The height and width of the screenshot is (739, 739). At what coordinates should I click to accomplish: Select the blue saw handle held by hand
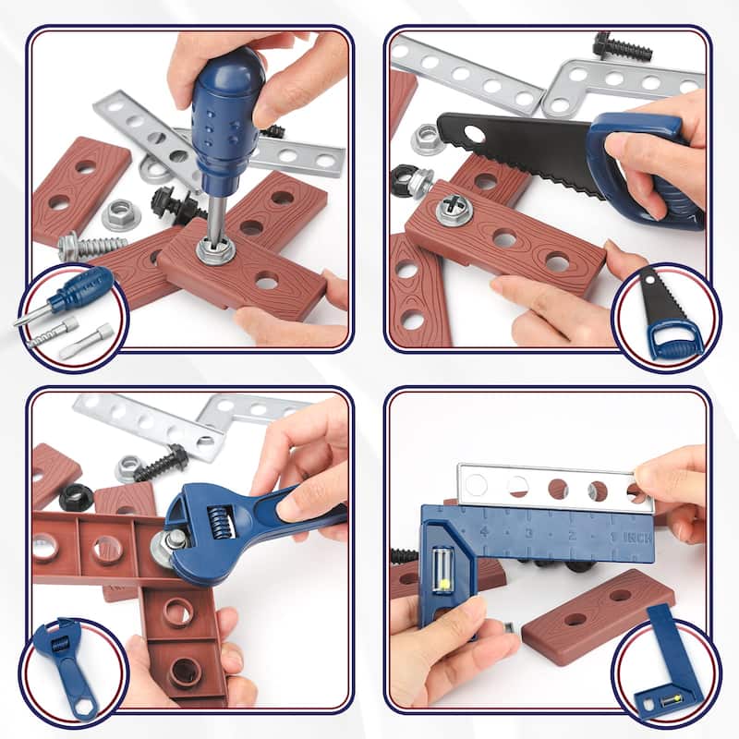click(x=647, y=171)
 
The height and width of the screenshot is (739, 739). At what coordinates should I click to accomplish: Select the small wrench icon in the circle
click(x=67, y=660)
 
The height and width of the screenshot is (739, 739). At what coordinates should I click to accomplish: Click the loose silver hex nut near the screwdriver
click(x=121, y=214)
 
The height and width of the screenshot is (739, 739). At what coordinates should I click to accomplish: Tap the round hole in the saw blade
click(x=474, y=135)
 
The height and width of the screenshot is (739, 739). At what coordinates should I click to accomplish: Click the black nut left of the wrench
click(x=76, y=498)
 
